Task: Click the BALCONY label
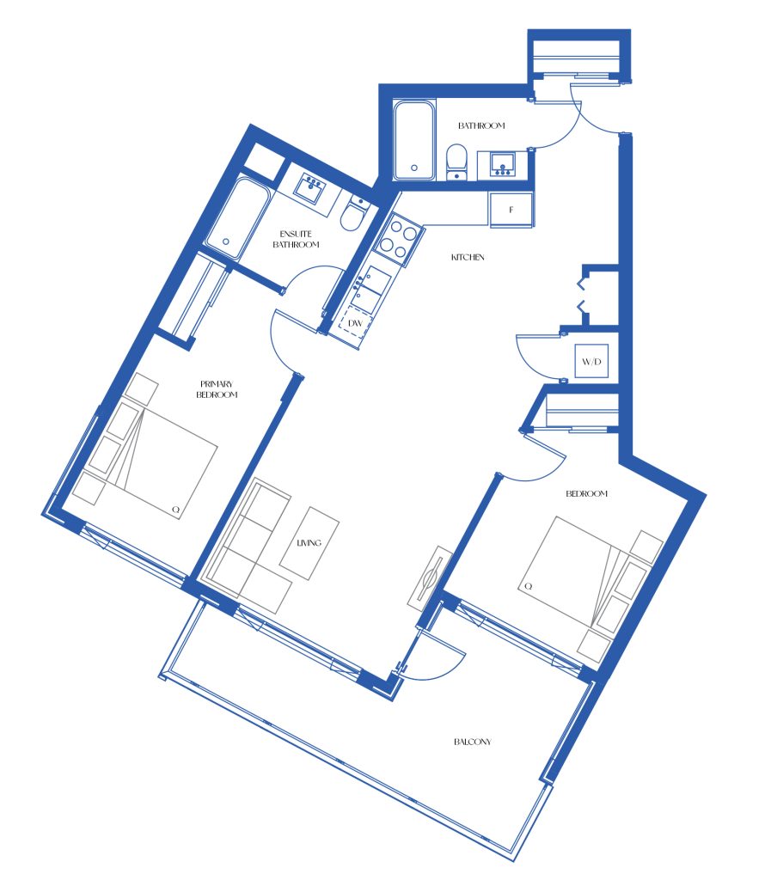click(472, 742)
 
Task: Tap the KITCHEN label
click(468, 257)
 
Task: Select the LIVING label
click(309, 542)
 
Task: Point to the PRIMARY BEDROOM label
click(217, 389)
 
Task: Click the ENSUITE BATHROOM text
click(296, 239)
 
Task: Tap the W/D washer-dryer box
click(591, 361)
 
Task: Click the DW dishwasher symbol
click(354, 324)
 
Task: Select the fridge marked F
click(511, 210)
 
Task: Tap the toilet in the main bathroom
click(457, 162)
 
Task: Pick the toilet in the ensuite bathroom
click(354, 214)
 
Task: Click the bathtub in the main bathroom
click(414, 140)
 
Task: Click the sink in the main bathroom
click(503, 165)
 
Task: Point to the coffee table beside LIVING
click(309, 543)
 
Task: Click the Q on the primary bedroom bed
click(175, 510)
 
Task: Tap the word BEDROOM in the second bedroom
click(586, 493)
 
